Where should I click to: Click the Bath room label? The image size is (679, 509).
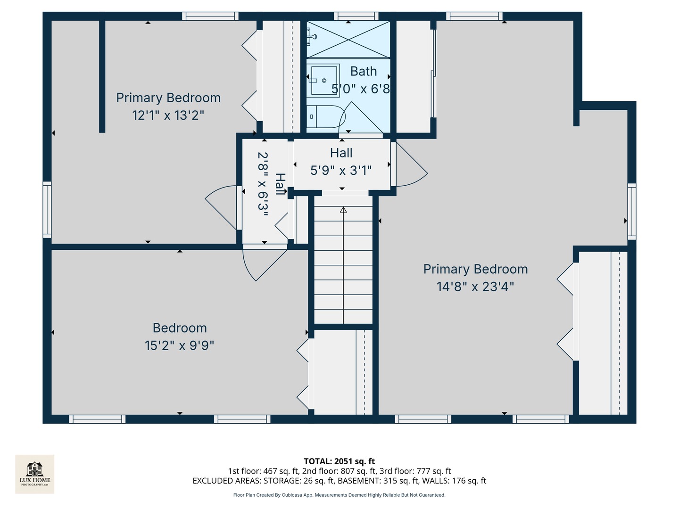(x=363, y=71)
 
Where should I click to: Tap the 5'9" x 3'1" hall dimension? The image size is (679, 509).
(x=341, y=170)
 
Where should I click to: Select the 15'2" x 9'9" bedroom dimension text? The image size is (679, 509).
(x=179, y=345)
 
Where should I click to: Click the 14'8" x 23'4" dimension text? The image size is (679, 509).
(x=475, y=287)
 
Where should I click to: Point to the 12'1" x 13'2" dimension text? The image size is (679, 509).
(x=168, y=115)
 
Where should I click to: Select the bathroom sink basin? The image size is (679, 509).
(x=324, y=80)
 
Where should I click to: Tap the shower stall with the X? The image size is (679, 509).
(x=348, y=39)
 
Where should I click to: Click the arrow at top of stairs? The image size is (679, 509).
(x=343, y=210)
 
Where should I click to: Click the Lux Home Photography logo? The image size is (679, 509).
(x=34, y=474)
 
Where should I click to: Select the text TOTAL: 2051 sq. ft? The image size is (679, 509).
(x=339, y=461)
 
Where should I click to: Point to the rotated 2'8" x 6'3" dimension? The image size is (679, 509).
(x=263, y=184)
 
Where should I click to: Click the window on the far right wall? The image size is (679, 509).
(x=631, y=211)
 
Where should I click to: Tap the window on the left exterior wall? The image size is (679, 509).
(x=47, y=209)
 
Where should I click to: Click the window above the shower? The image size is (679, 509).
(x=356, y=16)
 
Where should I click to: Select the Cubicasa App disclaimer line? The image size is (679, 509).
(x=339, y=495)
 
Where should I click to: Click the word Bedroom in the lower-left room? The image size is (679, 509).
(x=179, y=328)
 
